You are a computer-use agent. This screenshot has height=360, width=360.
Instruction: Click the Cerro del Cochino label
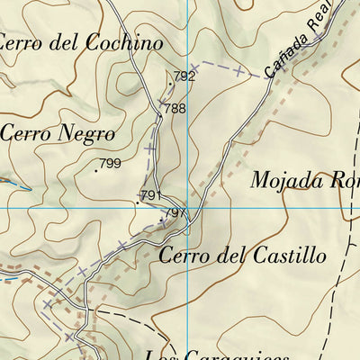coord(81,41)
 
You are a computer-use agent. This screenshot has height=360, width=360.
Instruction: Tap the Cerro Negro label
coord(58,133)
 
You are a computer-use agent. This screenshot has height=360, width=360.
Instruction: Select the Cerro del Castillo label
coord(242,256)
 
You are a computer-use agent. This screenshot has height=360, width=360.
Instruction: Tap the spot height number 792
coord(184,76)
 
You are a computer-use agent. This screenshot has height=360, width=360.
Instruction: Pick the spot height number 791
coord(150,195)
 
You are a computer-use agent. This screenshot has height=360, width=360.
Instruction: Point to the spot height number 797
coord(176,213)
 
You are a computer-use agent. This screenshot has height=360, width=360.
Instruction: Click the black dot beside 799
coord(96,168)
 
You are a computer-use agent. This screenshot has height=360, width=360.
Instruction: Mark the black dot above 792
coord(169,83)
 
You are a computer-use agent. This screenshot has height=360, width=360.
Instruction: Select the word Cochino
coord(125,41)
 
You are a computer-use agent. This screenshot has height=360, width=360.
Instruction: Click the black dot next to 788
coord(159,116)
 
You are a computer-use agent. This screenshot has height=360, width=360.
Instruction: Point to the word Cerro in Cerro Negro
coord(23,133)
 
